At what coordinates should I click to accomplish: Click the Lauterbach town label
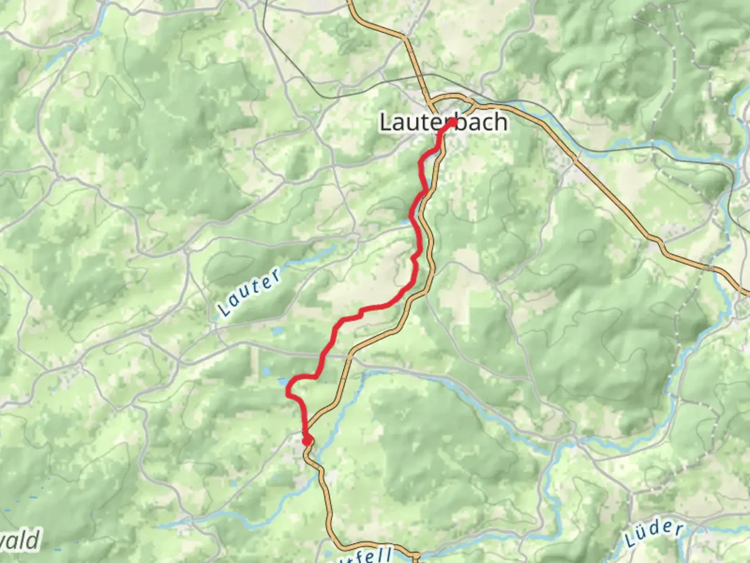click(x=443, y=123)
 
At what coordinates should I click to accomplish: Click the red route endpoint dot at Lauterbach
click(x=453, y=122)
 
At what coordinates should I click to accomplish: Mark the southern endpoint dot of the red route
click(x=307, y=441)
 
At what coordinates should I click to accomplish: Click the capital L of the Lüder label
click(x=630, y=540)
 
